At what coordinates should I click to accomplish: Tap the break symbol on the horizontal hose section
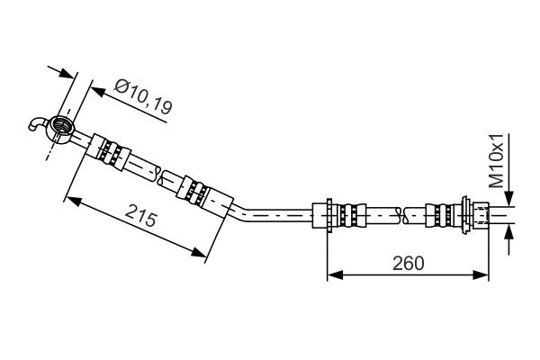[403, 214]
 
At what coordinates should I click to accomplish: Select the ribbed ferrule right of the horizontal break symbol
[440, 214]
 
